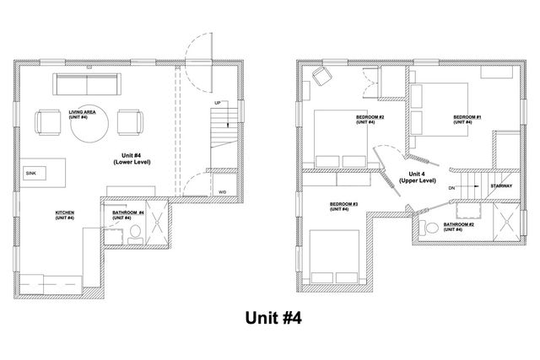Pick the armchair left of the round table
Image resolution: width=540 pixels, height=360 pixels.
pos(48,123)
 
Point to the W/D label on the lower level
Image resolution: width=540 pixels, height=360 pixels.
pos(222,191)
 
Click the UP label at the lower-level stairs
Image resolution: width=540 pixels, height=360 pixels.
pos(218,103)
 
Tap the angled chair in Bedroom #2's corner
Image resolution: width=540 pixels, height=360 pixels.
pos(322,77)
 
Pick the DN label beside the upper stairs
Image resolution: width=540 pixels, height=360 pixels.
pos(452,189)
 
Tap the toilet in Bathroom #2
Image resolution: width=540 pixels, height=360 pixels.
pos(431,227)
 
